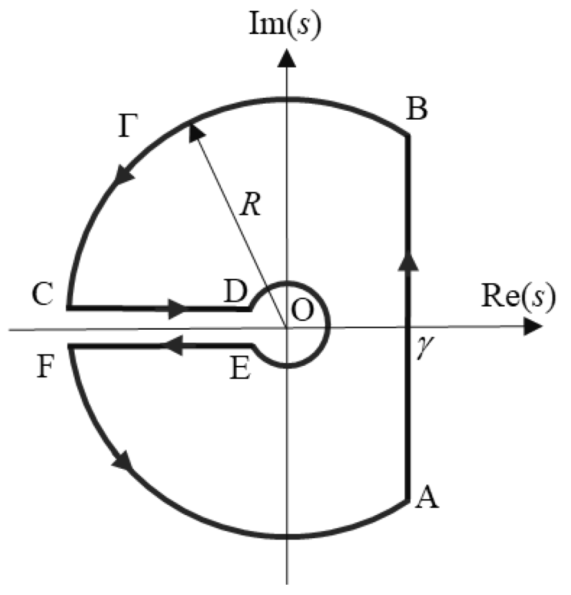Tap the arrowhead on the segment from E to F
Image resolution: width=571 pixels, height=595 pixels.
(170, 347)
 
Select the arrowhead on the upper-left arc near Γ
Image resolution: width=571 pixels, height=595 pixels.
(120, 175)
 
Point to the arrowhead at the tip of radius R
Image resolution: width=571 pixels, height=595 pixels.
(195, 132)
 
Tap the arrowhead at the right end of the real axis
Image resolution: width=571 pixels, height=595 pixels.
(531, 327)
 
